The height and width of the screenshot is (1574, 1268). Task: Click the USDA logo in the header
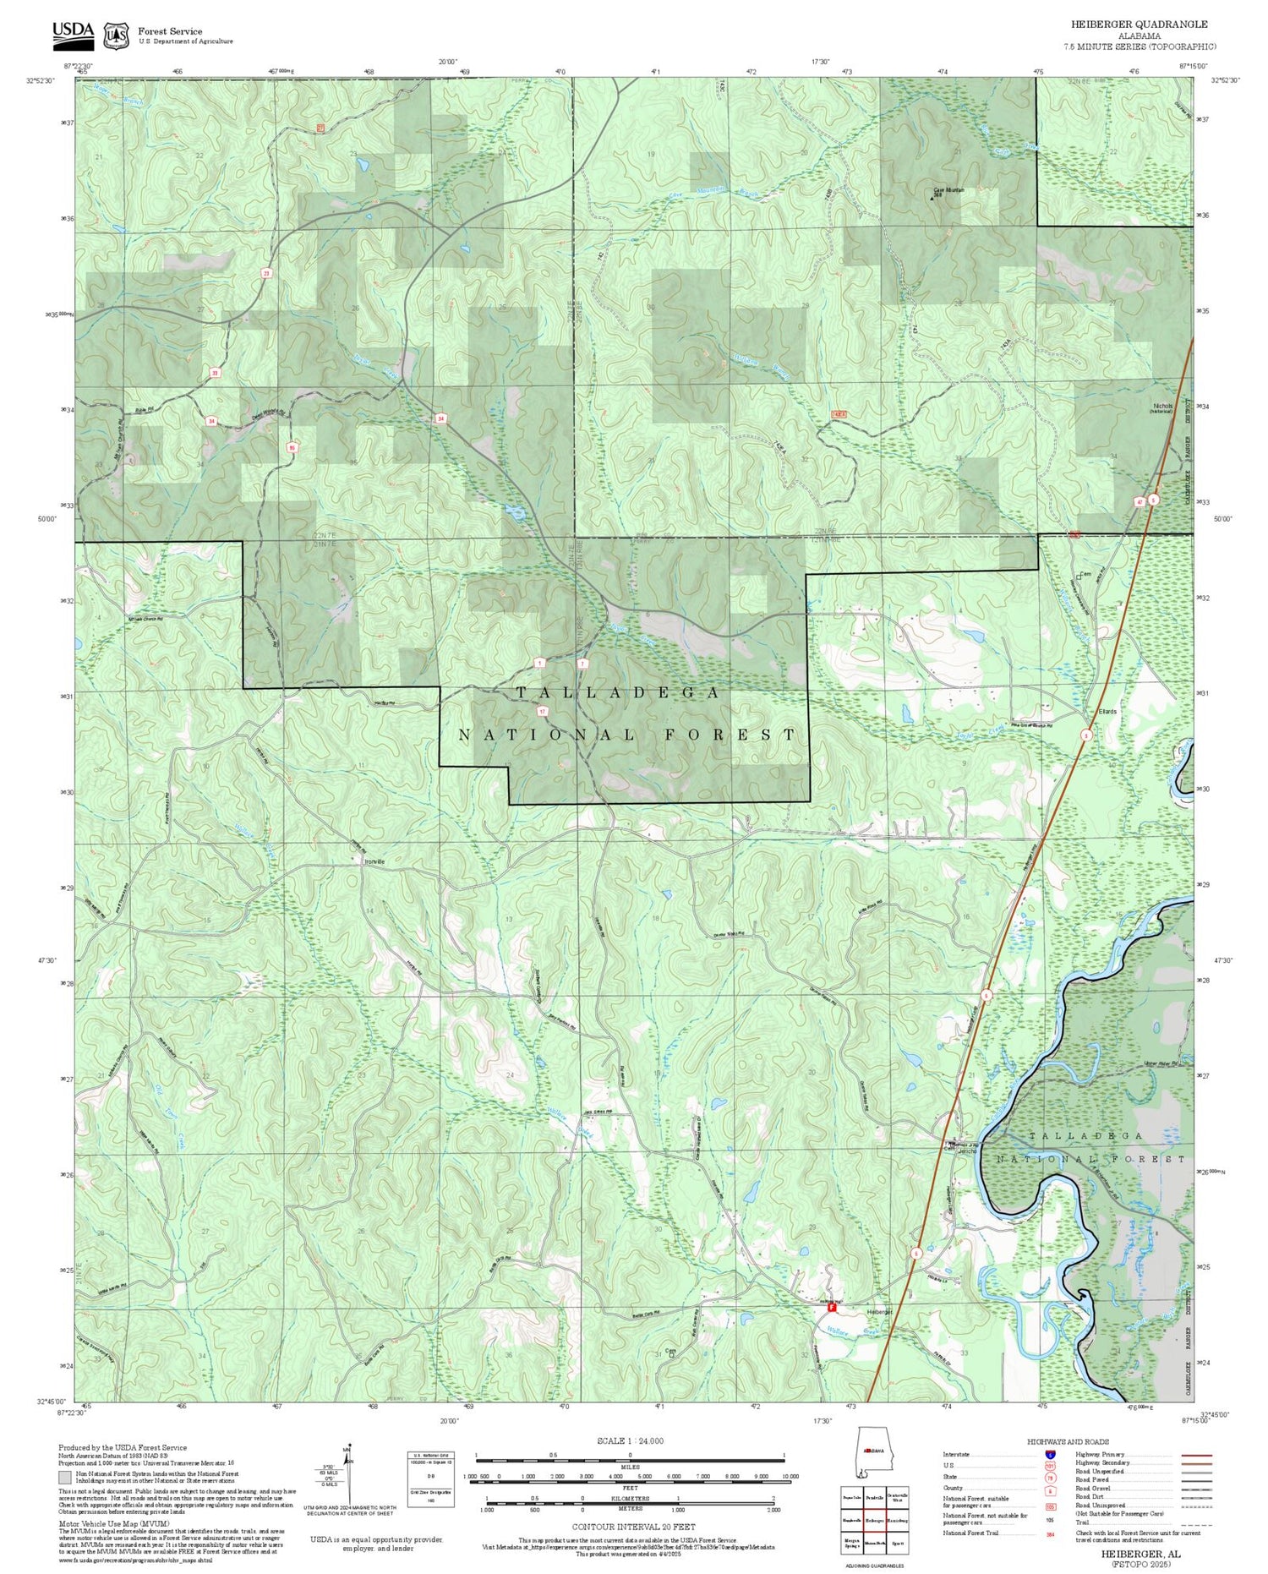73,31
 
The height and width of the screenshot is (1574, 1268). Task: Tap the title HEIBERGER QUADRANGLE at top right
1138,25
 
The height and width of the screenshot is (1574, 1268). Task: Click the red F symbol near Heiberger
832,1306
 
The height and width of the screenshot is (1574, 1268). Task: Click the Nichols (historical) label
1162,408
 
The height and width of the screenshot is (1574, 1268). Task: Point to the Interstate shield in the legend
1051,1454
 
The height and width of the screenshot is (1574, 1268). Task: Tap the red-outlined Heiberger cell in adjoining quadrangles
875,1518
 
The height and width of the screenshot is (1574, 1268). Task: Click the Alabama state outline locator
872,1453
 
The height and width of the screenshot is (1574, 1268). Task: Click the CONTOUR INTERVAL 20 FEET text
633,1527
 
